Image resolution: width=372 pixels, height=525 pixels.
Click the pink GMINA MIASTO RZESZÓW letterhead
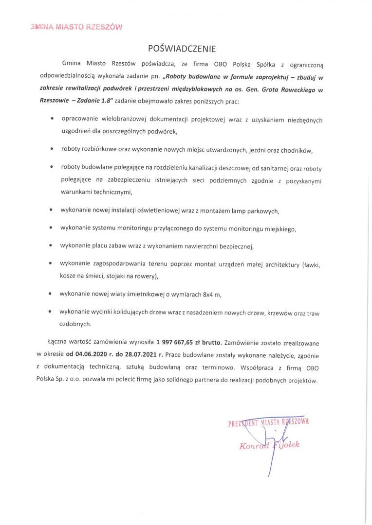tap(76, 27)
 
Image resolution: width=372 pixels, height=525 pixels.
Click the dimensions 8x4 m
tap(210, 295)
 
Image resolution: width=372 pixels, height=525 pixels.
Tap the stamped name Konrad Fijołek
tap(269, 445)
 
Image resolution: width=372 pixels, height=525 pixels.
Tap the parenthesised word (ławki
tap(311, 264)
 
